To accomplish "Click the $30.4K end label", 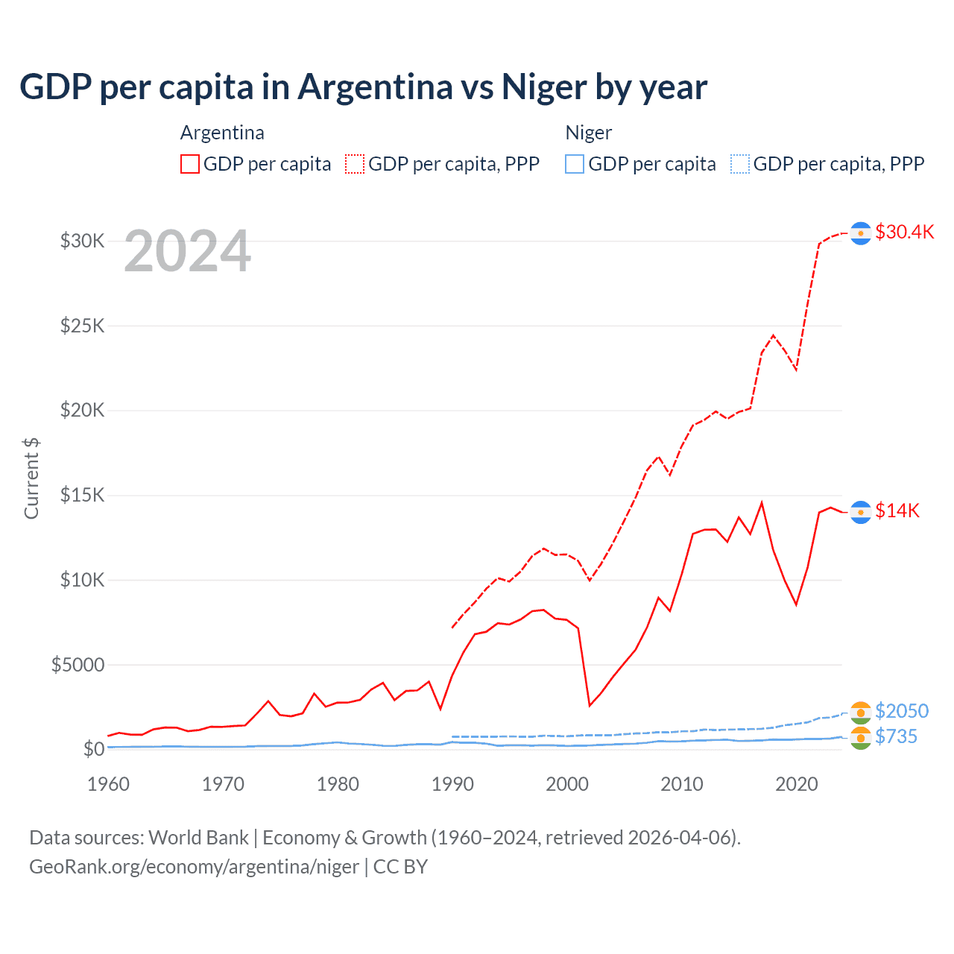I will coord(904,232).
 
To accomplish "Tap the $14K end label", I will coord(897,511).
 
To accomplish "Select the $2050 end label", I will coord(902,711).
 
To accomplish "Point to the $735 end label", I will coord(896,736).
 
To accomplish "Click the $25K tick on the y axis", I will coord(83,326).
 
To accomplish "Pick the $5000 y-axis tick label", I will coord(78,665).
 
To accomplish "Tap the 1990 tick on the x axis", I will coord(452,784).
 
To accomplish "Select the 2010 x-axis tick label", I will coord(682,784).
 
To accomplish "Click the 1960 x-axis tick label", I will coord(109,784).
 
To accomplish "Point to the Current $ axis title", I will coord(31,478).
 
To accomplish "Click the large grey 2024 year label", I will coord(187,251).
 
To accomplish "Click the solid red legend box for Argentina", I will coord(190,164).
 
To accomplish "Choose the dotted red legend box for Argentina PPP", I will coord(355,164).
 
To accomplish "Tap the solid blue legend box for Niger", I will coord(575,164).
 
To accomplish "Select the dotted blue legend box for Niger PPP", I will coord(740,164).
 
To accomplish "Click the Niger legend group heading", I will coord(589,133).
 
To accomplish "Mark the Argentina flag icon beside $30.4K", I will coord(861,233).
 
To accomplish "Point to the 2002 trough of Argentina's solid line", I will coord(590,705).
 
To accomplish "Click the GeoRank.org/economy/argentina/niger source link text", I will coord(194,867).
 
